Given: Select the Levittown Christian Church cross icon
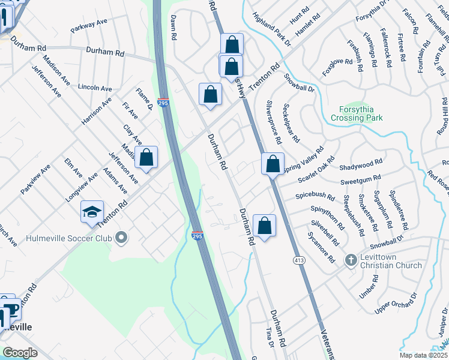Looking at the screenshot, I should [351, 260].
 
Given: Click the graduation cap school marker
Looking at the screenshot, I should [92, 212].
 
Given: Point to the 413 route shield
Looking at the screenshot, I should [298, 260].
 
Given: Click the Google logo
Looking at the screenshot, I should [20, 352].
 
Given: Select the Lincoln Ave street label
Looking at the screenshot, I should [95, 88].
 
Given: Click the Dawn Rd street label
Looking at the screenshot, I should [173, 28].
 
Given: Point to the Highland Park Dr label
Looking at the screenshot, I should [271, 30].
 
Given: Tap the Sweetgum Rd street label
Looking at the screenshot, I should [360, 178].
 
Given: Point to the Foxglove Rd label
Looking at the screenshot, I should [335, 62].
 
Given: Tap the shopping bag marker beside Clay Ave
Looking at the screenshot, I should [146, 158].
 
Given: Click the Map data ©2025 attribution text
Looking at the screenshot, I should [422, 355].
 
